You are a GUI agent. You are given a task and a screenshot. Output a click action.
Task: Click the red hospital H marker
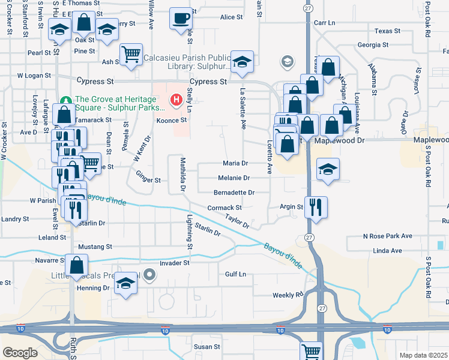pos(176,100)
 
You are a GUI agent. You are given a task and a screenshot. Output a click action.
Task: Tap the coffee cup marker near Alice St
pos(180,18)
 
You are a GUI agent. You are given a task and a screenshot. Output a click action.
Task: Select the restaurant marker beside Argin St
pos(316,208)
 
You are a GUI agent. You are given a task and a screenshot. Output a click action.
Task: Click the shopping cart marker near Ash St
pos(131,55)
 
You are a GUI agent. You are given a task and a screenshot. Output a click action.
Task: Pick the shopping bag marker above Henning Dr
pos(77,265)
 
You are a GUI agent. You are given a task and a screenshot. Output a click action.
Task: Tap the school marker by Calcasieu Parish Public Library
pos(242,62)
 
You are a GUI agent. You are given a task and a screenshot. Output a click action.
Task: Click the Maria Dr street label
pos(236,163)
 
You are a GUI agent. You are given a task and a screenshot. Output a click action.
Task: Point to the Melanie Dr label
pos(234,178)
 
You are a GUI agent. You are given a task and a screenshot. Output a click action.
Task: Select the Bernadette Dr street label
pos(234,193)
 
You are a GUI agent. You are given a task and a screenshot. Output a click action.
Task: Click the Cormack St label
pos(224,208)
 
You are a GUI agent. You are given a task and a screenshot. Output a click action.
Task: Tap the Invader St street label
pos(175,263)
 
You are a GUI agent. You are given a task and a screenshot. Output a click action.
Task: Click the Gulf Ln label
pos(236,274)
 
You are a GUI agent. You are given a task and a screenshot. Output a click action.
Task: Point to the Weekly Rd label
pos(288,295)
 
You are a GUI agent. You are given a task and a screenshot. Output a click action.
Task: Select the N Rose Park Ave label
pos(388,236)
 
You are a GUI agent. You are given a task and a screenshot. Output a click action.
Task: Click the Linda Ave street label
pos(387,251)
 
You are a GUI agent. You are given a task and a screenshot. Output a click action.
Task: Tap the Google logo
pos(20,353)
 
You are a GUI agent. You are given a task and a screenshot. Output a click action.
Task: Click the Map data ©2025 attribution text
pos(423,355)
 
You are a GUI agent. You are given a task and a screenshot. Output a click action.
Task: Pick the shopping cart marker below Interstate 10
pos(311,352)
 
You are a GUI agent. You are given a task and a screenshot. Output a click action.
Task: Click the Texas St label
pos(387,31)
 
